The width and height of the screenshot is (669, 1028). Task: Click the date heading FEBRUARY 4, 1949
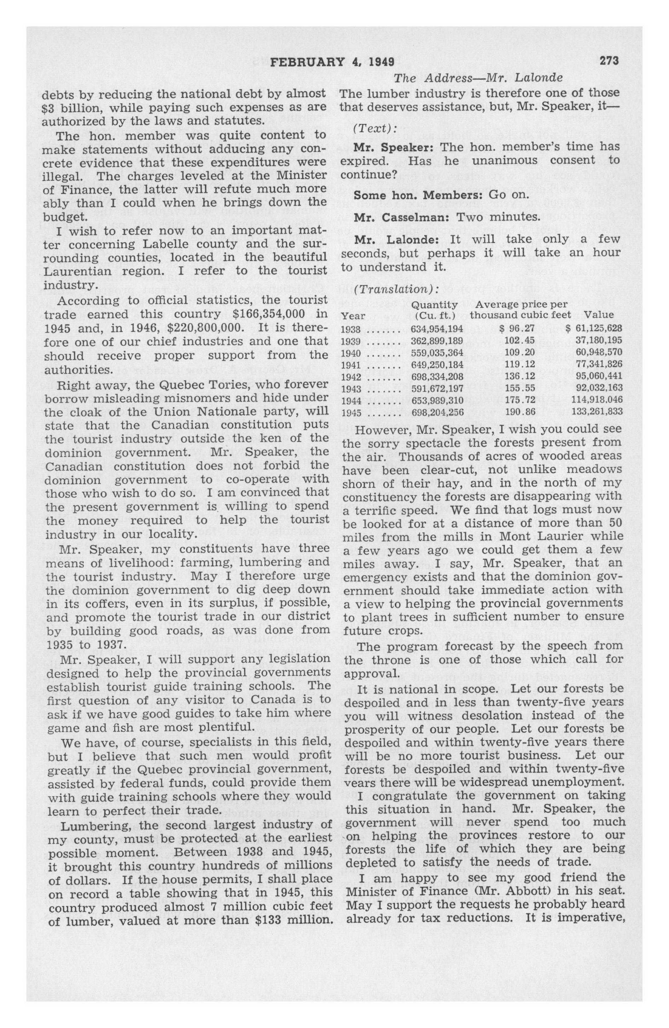pos(332,62)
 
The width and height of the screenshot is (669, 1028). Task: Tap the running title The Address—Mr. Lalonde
pos(478,78)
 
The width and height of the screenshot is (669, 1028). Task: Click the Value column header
pos(599,315)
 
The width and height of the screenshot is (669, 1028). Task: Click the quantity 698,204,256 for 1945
pos(437,412)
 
